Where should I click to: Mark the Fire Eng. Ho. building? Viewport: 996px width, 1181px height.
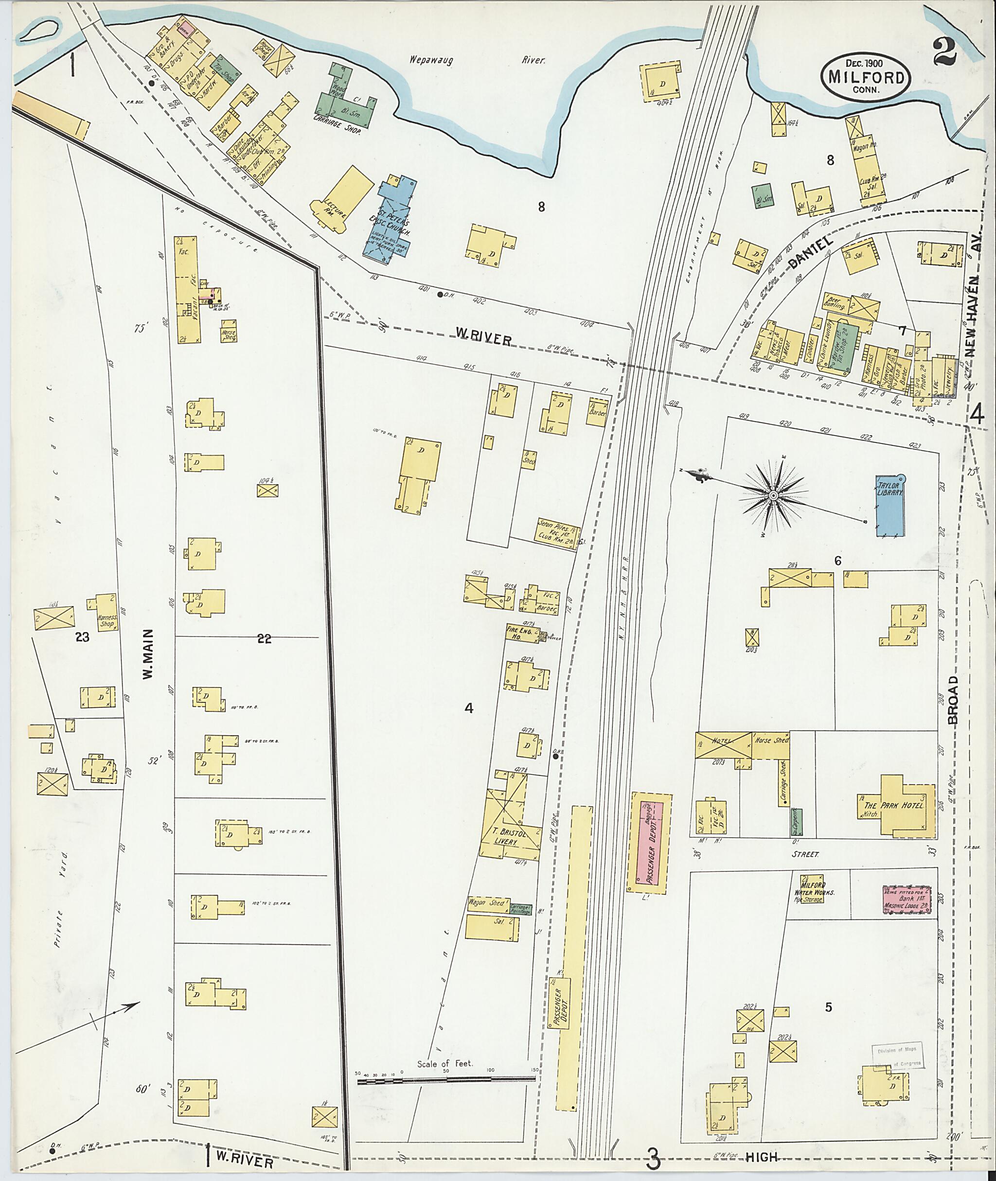[520, 635]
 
